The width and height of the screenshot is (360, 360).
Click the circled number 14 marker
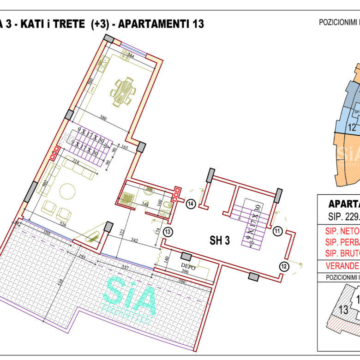[x=191, y=203]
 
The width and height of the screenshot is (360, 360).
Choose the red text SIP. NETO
[x=342, y=244]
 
